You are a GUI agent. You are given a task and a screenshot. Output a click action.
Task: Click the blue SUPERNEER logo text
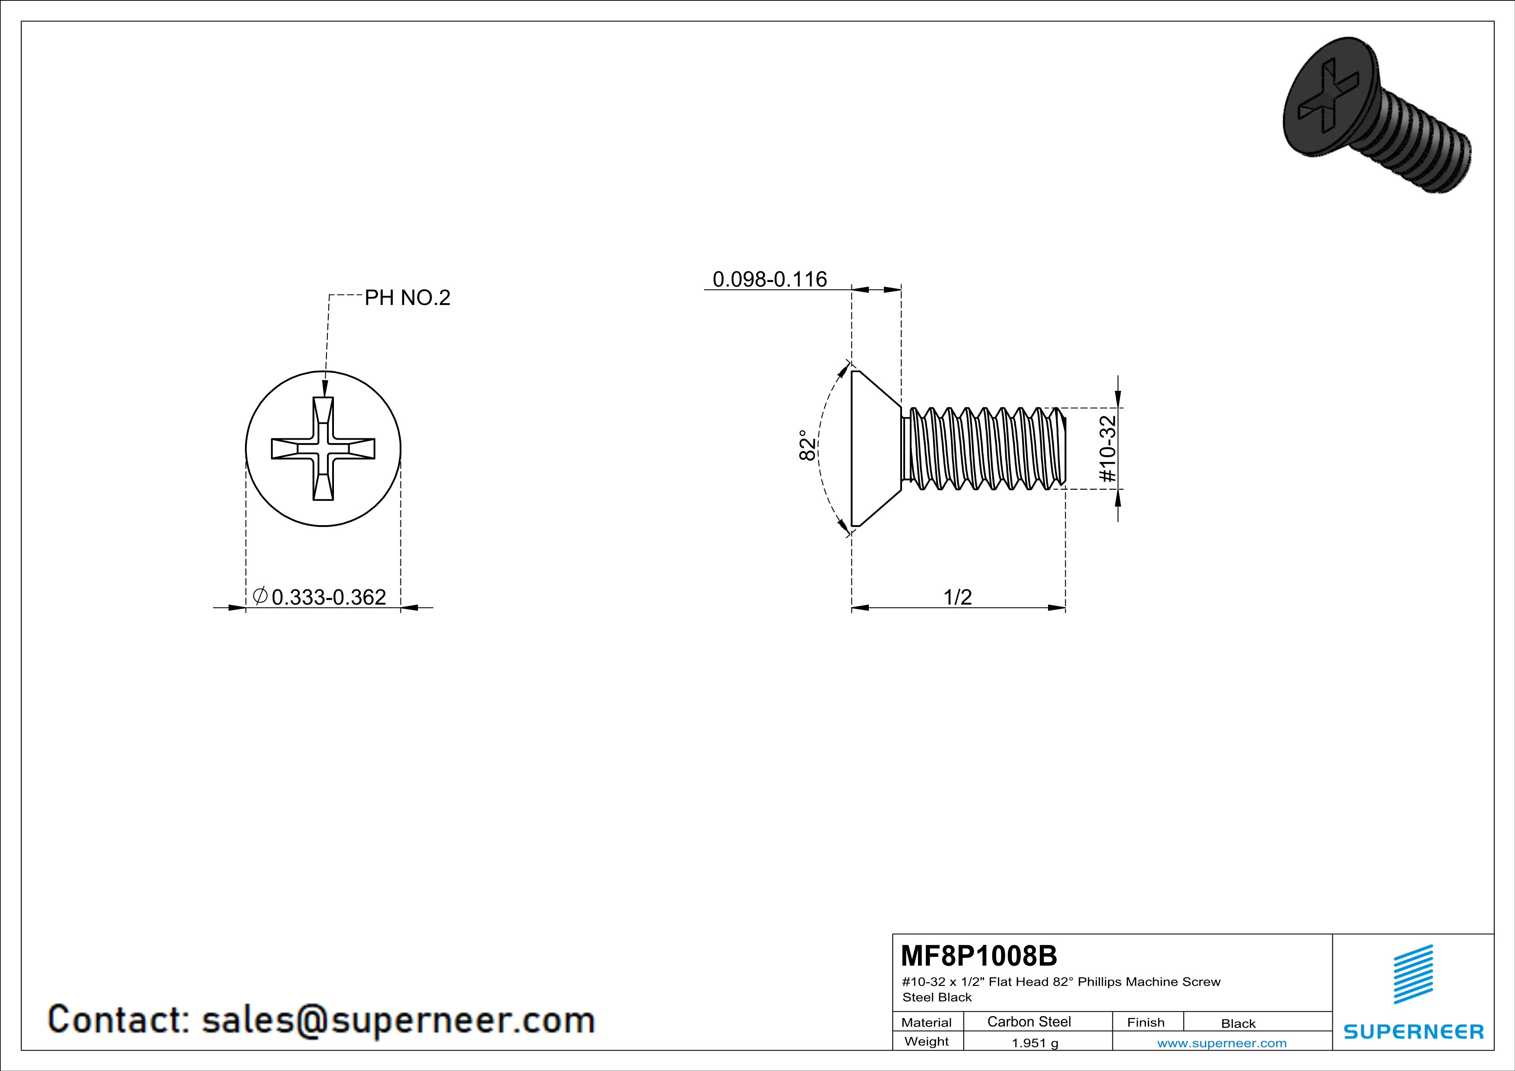point(1413,1031)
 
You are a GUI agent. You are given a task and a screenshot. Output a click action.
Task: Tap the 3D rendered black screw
point(1377,115)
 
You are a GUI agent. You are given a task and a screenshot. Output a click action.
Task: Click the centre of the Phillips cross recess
point(323,448)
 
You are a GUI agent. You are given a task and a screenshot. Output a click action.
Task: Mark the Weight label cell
point(927,1042)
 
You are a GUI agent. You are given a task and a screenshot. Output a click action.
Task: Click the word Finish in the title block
point(1146,1022)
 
